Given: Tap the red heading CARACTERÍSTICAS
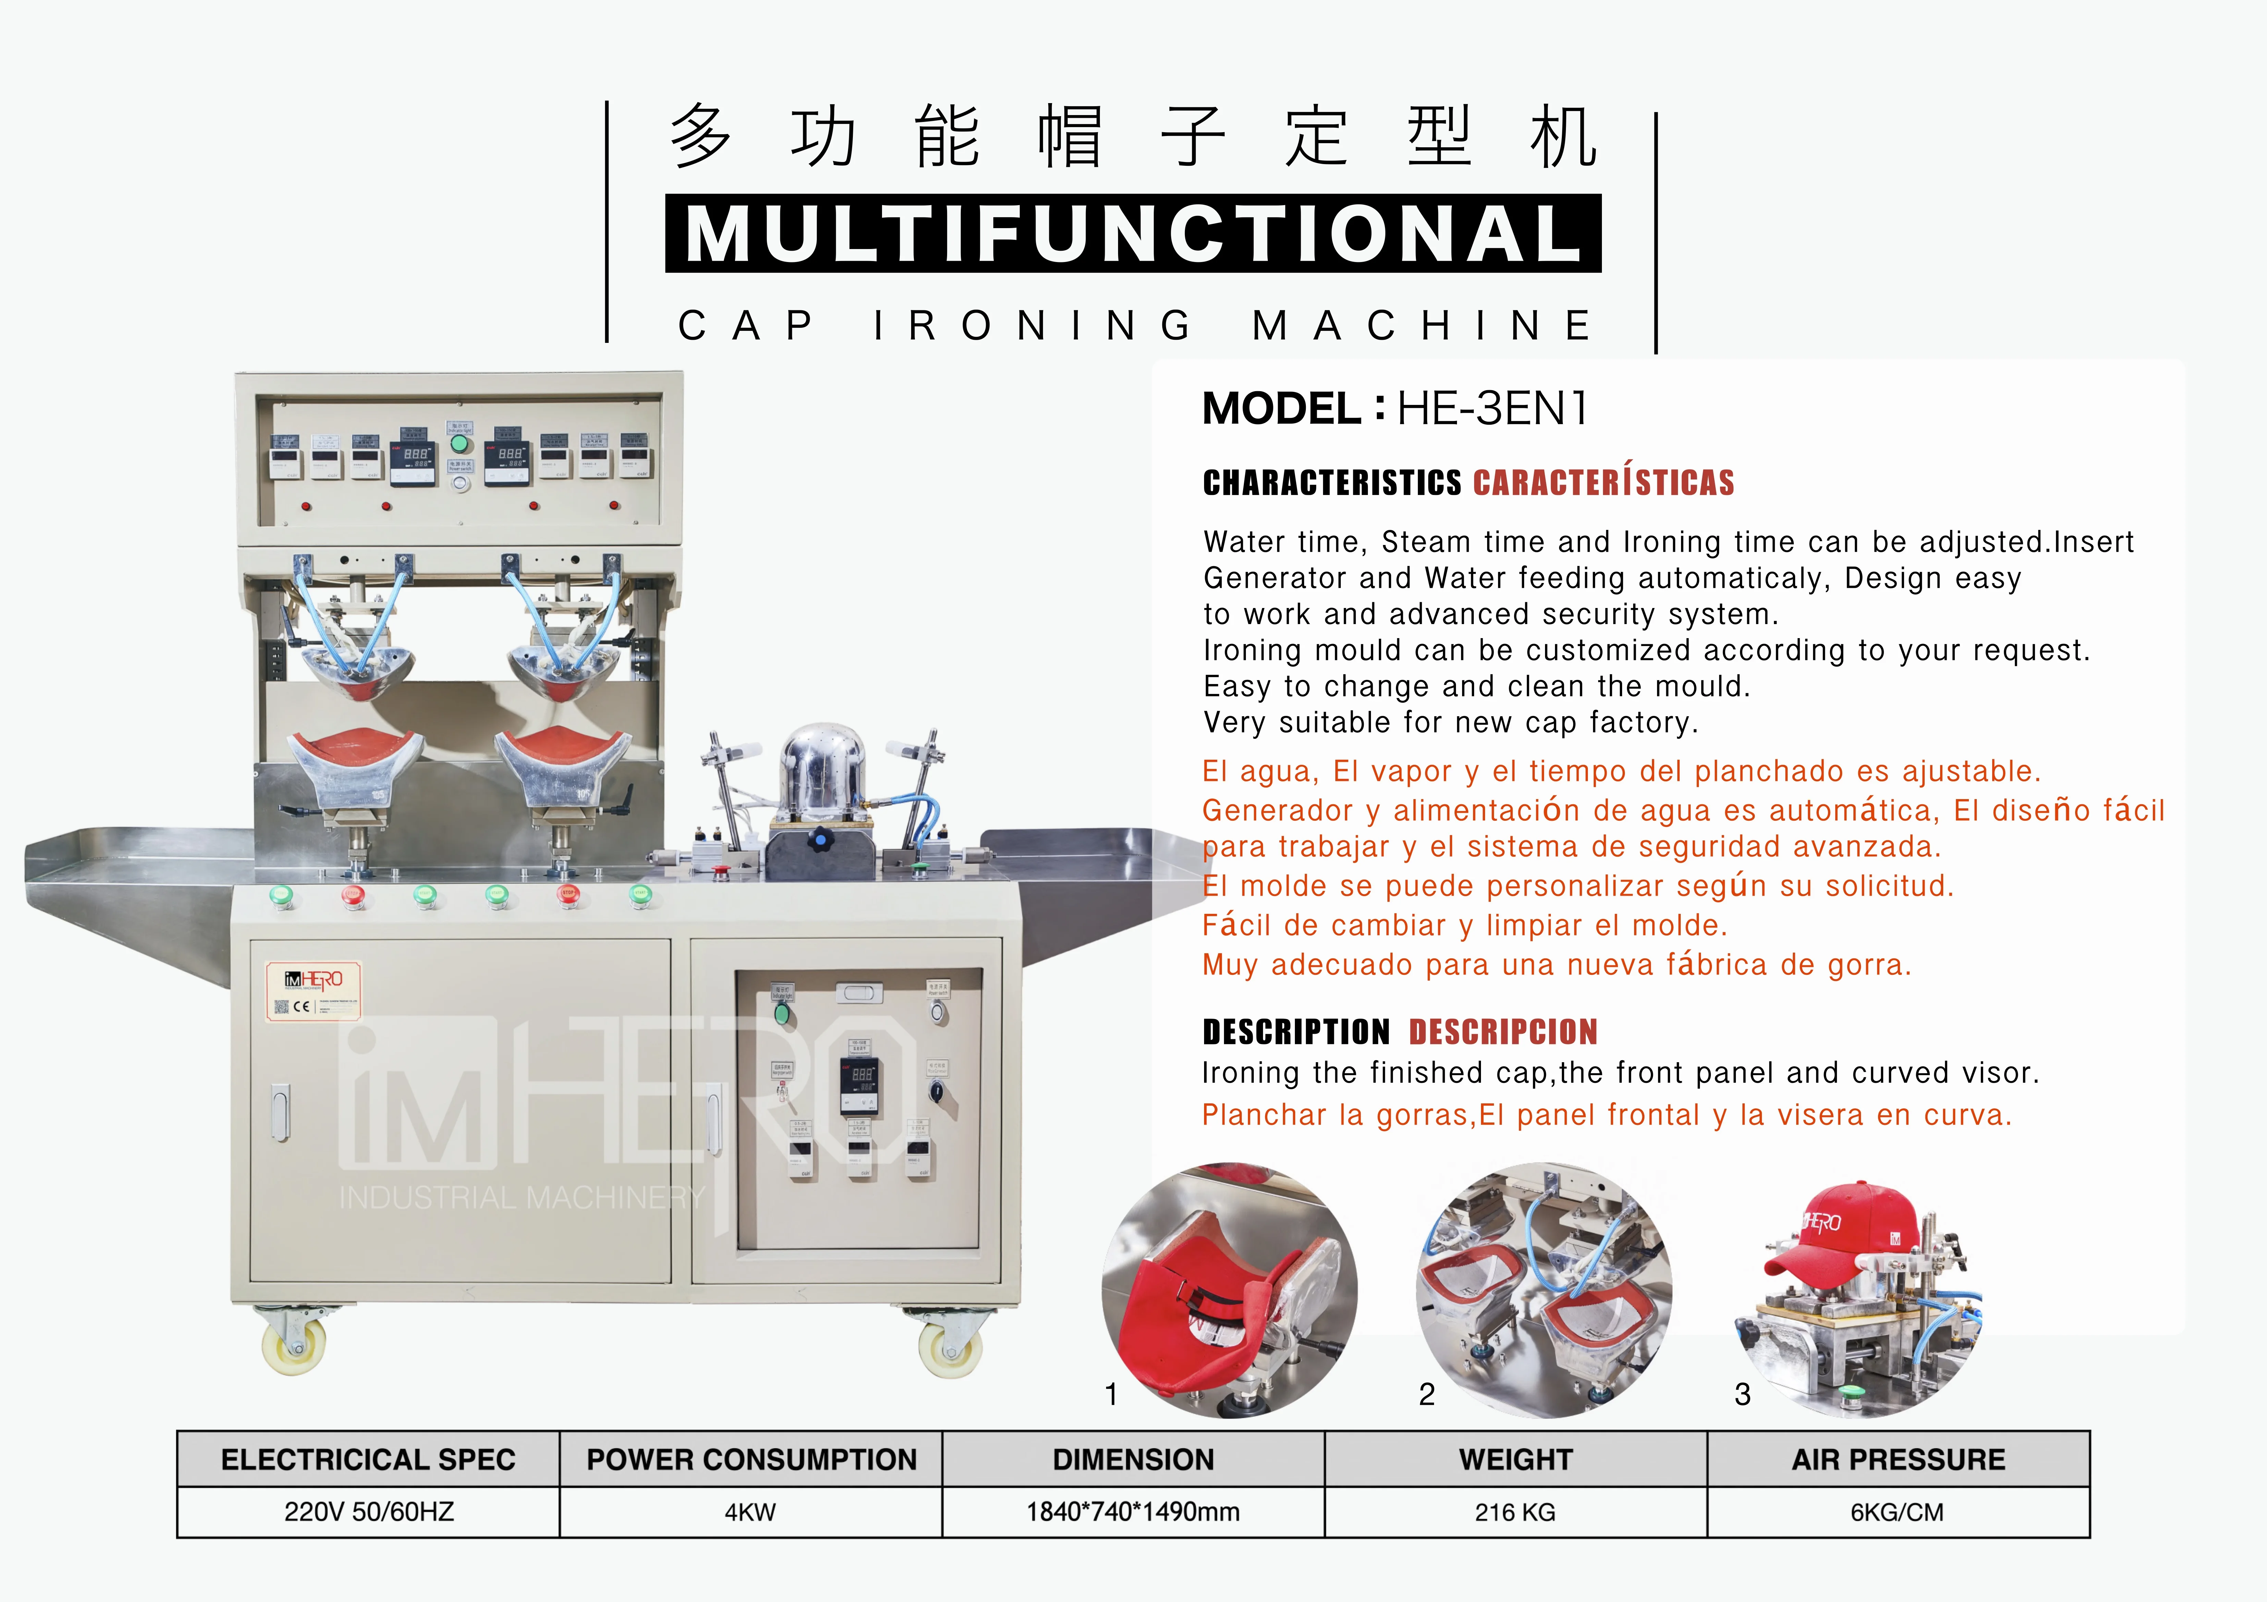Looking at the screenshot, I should [x=1604, y=483].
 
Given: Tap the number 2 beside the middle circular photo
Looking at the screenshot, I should [x=1427, y=1394].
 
